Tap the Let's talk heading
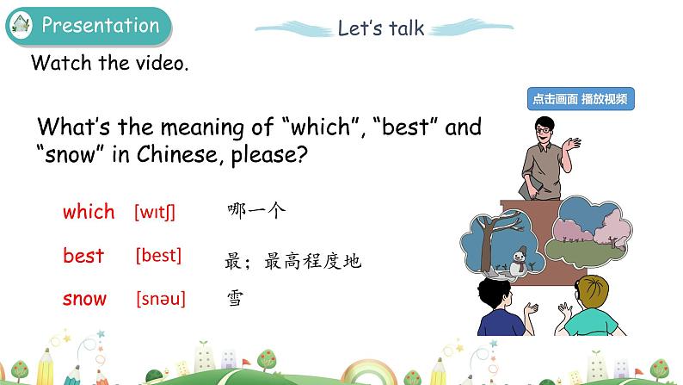tap(380, 28)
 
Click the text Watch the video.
tap(109, 64)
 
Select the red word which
tap(89, 211)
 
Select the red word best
tap(83, 256)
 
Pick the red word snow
tap(85, 300)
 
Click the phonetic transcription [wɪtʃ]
tap(155, 212)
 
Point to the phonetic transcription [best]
tap(158, 256)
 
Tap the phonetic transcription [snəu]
tap(161, 300)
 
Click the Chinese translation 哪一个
tap(256, 209)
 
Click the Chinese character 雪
tap(234, 300)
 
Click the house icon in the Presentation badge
tap(21, 27)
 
